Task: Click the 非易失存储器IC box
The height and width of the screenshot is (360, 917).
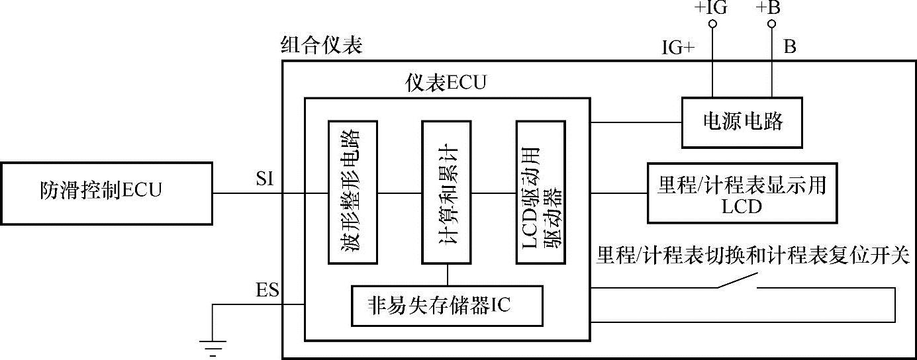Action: tap(447, 306)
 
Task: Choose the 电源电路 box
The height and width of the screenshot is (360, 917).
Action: tap(742, 122)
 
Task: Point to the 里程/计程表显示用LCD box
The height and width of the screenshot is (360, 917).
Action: tap(742, 193)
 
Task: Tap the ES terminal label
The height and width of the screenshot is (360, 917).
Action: tap(267, 291)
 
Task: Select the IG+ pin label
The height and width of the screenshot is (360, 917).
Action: tap(678, 47)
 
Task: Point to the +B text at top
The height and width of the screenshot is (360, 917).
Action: tap(770, 9)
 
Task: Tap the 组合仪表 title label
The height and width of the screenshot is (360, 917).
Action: tap(322, 46)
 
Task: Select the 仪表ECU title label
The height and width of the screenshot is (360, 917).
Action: tap(446, 83)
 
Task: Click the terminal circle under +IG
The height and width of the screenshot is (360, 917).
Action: tap(712, 24)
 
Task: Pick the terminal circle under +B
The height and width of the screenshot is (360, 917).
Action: tap(771, 24)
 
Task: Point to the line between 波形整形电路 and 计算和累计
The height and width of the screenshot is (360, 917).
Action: tap(399, 193)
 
